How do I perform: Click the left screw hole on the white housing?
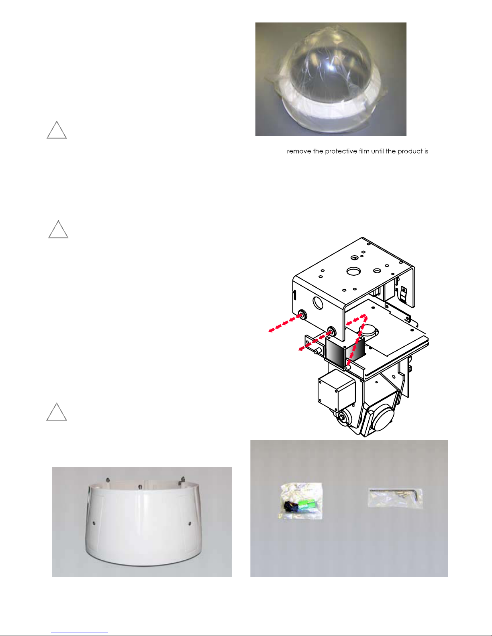click(94, 523)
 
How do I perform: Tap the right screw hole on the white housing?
click(190, 523)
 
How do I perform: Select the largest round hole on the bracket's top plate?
click(354, 271)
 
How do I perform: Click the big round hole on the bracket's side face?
click(318, 303)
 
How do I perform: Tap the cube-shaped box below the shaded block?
click(336, 390)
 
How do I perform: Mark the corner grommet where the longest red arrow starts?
click(302, 315)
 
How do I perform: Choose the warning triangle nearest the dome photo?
click(57, 130)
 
